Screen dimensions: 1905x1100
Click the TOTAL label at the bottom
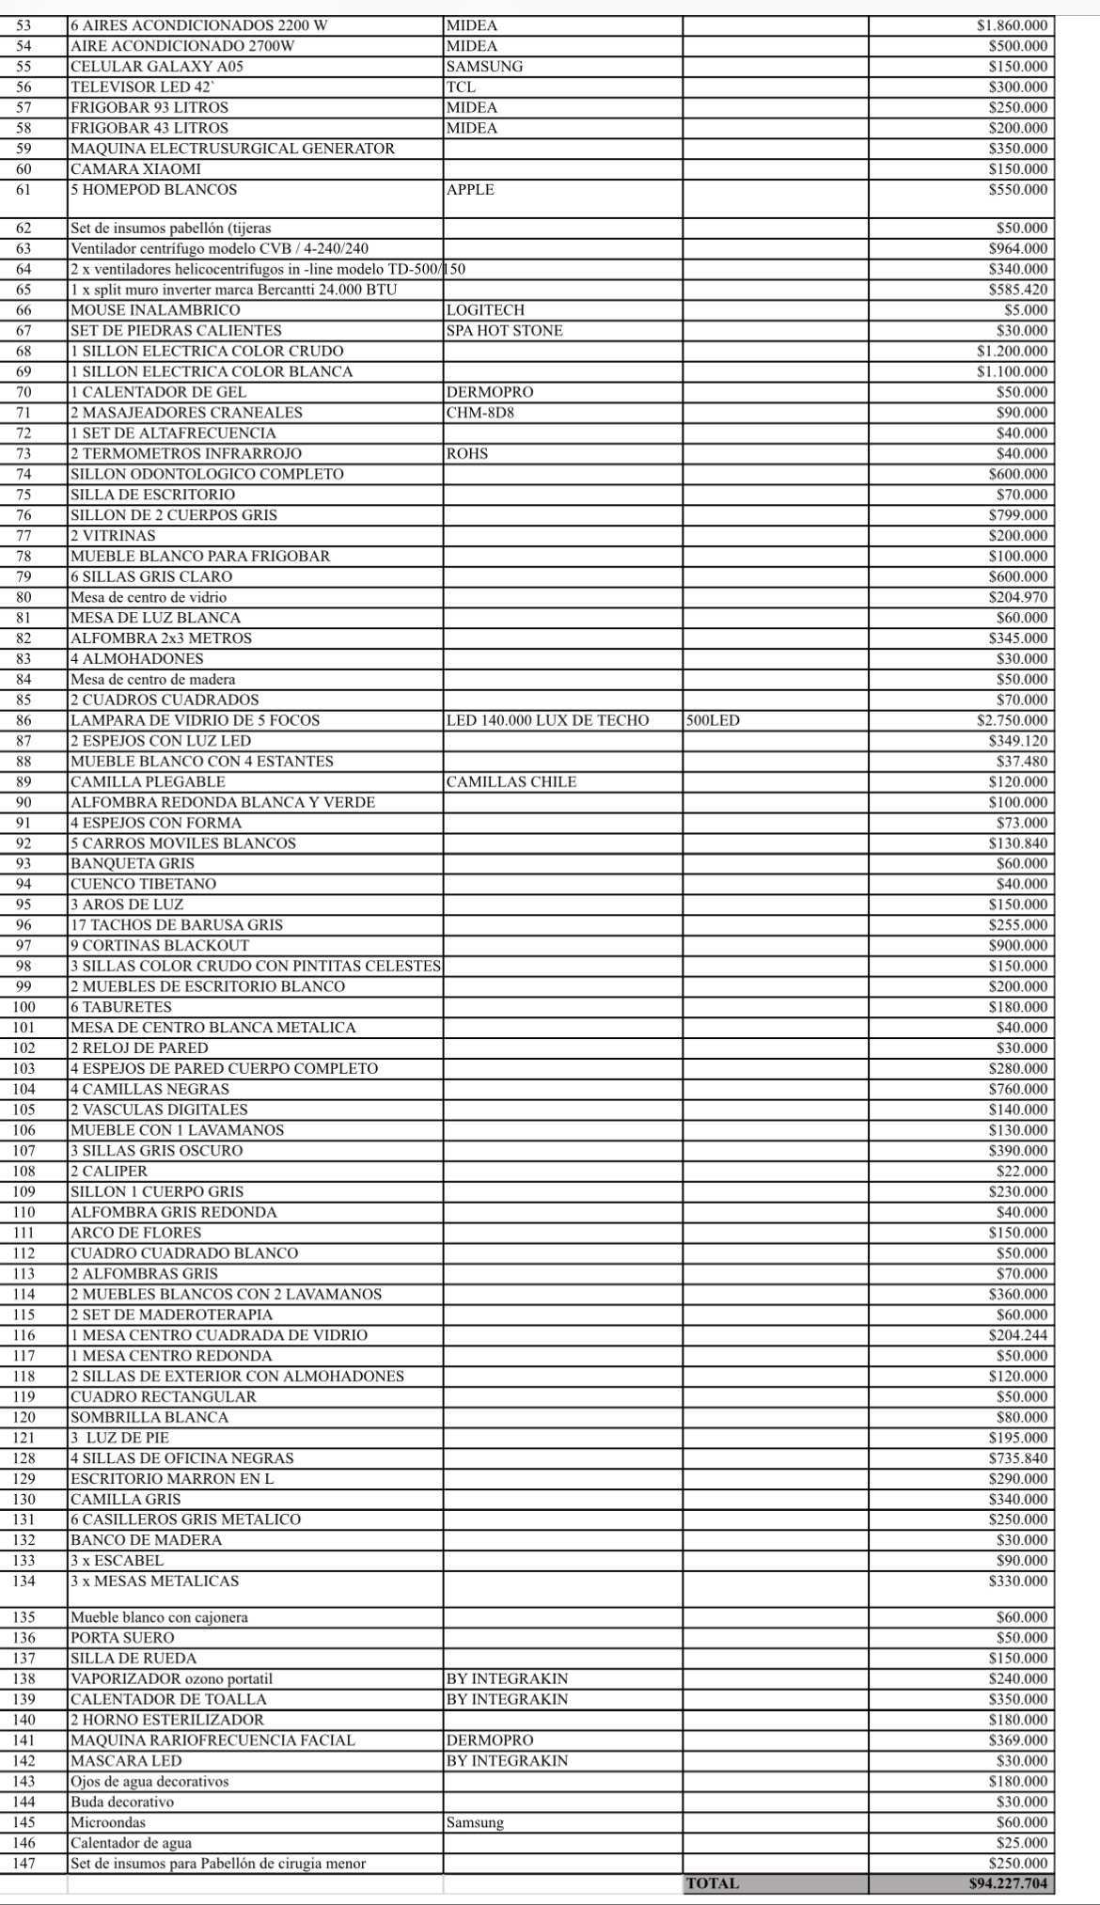[713, 1883]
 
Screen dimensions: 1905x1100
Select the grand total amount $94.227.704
[1008, 1883]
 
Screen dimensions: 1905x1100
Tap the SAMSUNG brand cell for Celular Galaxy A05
[484, 67]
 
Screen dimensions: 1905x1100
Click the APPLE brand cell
[470, 190]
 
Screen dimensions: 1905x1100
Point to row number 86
[24, 720]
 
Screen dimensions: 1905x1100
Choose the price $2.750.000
[1012, 720]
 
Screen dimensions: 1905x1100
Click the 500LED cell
[713, 720]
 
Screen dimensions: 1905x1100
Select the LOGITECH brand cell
[485, 310]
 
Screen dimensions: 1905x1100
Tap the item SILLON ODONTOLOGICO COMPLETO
[207, 474]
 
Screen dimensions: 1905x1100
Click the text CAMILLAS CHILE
[511, 782]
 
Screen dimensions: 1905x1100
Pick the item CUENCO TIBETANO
[143, 884]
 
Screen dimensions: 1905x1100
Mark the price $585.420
[1017, 290]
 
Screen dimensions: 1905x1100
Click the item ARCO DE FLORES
[135, 1233]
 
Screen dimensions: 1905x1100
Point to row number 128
[24, 1458]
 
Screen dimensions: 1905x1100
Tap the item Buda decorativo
[122, 1803]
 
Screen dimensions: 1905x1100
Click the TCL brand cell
[461, 87]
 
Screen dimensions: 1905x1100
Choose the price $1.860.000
[1012, 25]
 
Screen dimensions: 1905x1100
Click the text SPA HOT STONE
[505, 331]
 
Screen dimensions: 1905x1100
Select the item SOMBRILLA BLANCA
[149, 1417]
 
